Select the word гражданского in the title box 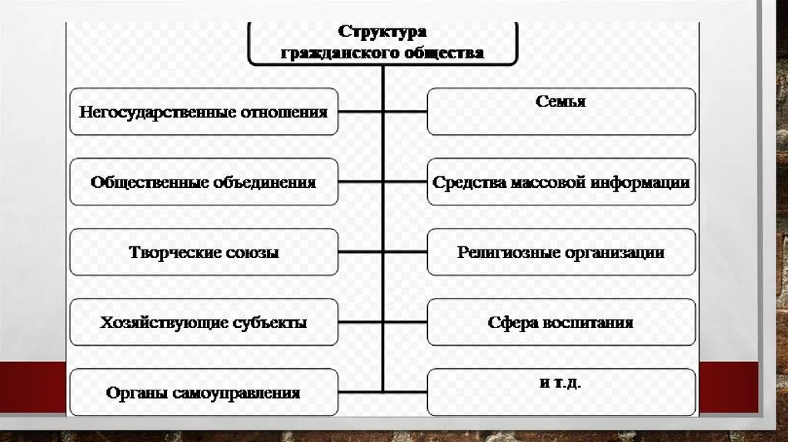(337, 52)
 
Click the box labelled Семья (561, 112)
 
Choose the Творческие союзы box (203, 253)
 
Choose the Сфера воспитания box (561, 323)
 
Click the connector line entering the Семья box (405, 112)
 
